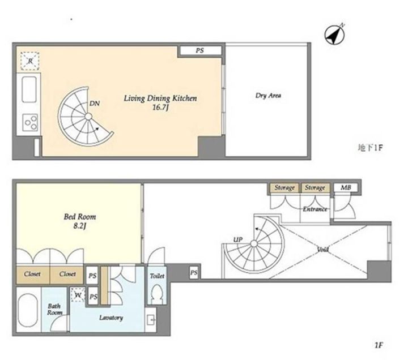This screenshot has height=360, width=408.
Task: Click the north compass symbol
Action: tap(335, 35)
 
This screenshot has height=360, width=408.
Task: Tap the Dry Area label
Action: tap(268, 96)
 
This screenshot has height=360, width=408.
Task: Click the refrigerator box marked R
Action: tap(30, 61)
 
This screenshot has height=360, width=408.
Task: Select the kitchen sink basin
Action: tap(29, 89)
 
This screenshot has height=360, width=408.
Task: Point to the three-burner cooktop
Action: tap(30, 122)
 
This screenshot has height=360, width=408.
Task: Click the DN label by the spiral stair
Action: tap(95, 104)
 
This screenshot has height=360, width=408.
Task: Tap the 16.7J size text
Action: tap(160, 108)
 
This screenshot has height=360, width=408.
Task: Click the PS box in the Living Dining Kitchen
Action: tap(200, 50)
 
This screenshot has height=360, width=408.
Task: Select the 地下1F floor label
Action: tap(370, 148)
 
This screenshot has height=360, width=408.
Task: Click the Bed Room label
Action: tap(80, 217)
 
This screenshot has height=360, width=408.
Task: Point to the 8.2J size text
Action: tap(80, 226)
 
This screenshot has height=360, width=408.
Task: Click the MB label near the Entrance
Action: tap(346, 187)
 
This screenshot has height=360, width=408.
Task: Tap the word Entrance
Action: tap(315, 209)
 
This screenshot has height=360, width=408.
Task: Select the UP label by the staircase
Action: tap(238, 239)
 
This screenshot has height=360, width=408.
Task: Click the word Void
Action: tap(323, 250)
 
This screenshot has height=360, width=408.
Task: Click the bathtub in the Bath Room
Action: tap(28, 309)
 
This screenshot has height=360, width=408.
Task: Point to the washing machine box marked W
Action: tap(78, 295)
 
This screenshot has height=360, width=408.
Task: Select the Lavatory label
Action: tap(111, 318)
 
